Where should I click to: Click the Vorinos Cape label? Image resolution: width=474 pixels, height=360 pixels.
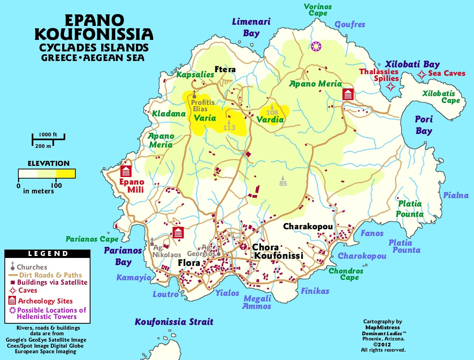[x=317, y=10]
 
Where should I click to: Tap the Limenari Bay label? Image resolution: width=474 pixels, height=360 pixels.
[x=252, y=27]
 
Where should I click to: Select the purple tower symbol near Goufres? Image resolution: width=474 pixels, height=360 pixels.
[x=317, y=46]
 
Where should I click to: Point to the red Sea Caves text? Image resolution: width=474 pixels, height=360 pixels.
[x=446, y=73]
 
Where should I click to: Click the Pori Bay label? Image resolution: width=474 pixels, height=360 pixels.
[x=423, y=125]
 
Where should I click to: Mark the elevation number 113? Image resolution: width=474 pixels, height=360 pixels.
[x=229, y=128]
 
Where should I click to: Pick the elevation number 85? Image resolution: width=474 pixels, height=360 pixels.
[x=283, y=183]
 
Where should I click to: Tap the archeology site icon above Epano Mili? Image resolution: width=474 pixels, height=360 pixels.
[x=126, y=171]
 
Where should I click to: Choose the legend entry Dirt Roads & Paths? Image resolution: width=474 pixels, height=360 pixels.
[x=50, y=275]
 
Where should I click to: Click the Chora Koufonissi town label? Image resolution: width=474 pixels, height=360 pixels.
[x=277, y=252]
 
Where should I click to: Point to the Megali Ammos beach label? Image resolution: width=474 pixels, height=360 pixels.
[x=257, y=302]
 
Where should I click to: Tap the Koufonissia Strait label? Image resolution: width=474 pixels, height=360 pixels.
[x=174, y=322]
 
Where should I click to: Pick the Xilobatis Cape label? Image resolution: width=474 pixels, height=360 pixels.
[x=441, y=97]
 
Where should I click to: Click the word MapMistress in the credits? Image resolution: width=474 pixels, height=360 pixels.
[x=382, y=327]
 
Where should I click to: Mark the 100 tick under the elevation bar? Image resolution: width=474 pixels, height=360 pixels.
[x=56, y=185]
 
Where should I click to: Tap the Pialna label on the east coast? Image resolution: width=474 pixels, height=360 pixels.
[x=456, y=195]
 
